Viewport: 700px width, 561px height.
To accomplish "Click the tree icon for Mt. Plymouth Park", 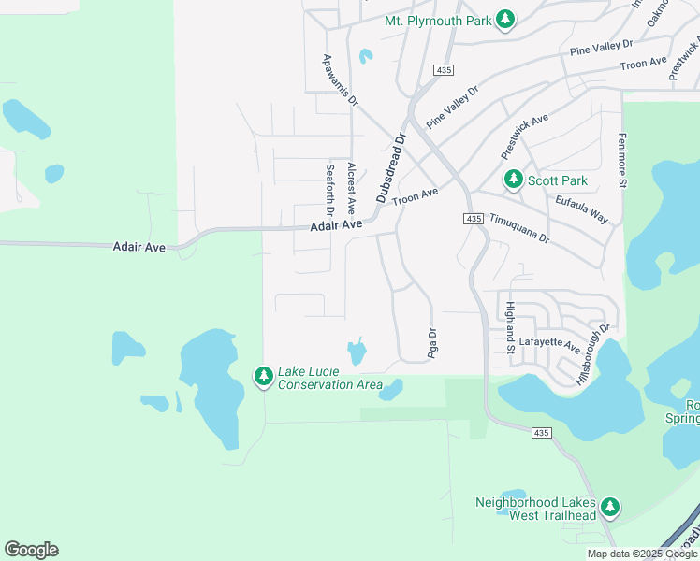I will pos(505,20).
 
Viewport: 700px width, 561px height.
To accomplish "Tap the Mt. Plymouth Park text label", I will pos(437,21).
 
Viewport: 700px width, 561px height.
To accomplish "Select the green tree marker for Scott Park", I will pos(513,179).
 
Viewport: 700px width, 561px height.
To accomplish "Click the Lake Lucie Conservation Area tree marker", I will pos(264,376).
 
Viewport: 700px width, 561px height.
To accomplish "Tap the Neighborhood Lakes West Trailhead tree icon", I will pos(610,507).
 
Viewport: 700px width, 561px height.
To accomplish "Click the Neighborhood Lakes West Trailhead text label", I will pos(535,509).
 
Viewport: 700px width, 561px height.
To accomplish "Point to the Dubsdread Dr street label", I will pos(391,167).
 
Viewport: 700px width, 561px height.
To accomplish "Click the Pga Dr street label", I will pos(432,343).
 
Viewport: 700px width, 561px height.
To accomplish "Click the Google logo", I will pos(31,549).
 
